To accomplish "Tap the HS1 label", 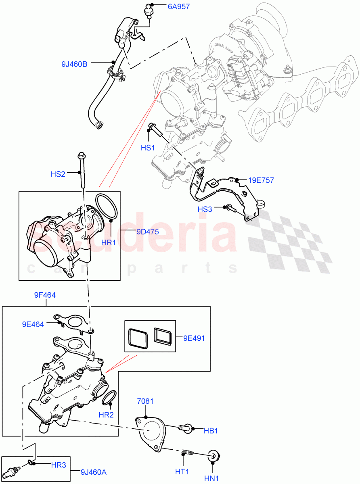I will [x=148, y=148].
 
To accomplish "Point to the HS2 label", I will [x=58, y=174].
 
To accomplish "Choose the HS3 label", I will [x=205, y=209].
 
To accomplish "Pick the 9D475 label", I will [x=148, y=232].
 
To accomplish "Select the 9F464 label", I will [x=45, y=295].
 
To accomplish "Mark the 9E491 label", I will [x=194, y=338].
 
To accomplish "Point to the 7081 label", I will [x=146, y=401].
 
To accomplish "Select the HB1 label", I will [x=211, y=431].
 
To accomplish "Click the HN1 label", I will [x=211, y=478].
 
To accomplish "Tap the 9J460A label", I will [x=94, y=471].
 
